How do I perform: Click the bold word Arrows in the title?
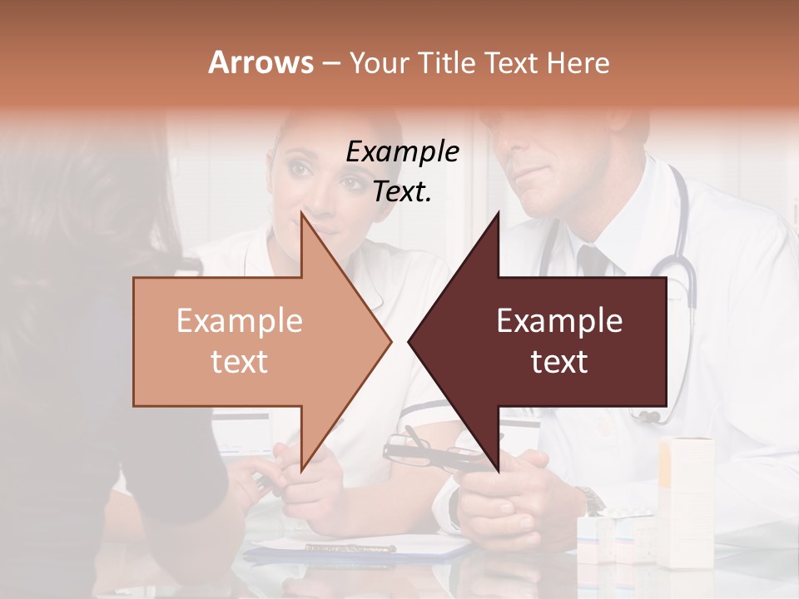point(261,62)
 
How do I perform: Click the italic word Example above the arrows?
point(402,152)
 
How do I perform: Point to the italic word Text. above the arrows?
point(402,192)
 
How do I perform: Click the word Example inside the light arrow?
point(239,321)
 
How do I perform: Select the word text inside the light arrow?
point(239,362)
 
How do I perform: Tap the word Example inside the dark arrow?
point(559,321)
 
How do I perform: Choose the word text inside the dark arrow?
point(559,362)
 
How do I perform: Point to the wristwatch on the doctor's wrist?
point(592,500)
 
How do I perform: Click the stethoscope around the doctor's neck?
point(678,275)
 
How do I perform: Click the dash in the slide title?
point(330,64)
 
